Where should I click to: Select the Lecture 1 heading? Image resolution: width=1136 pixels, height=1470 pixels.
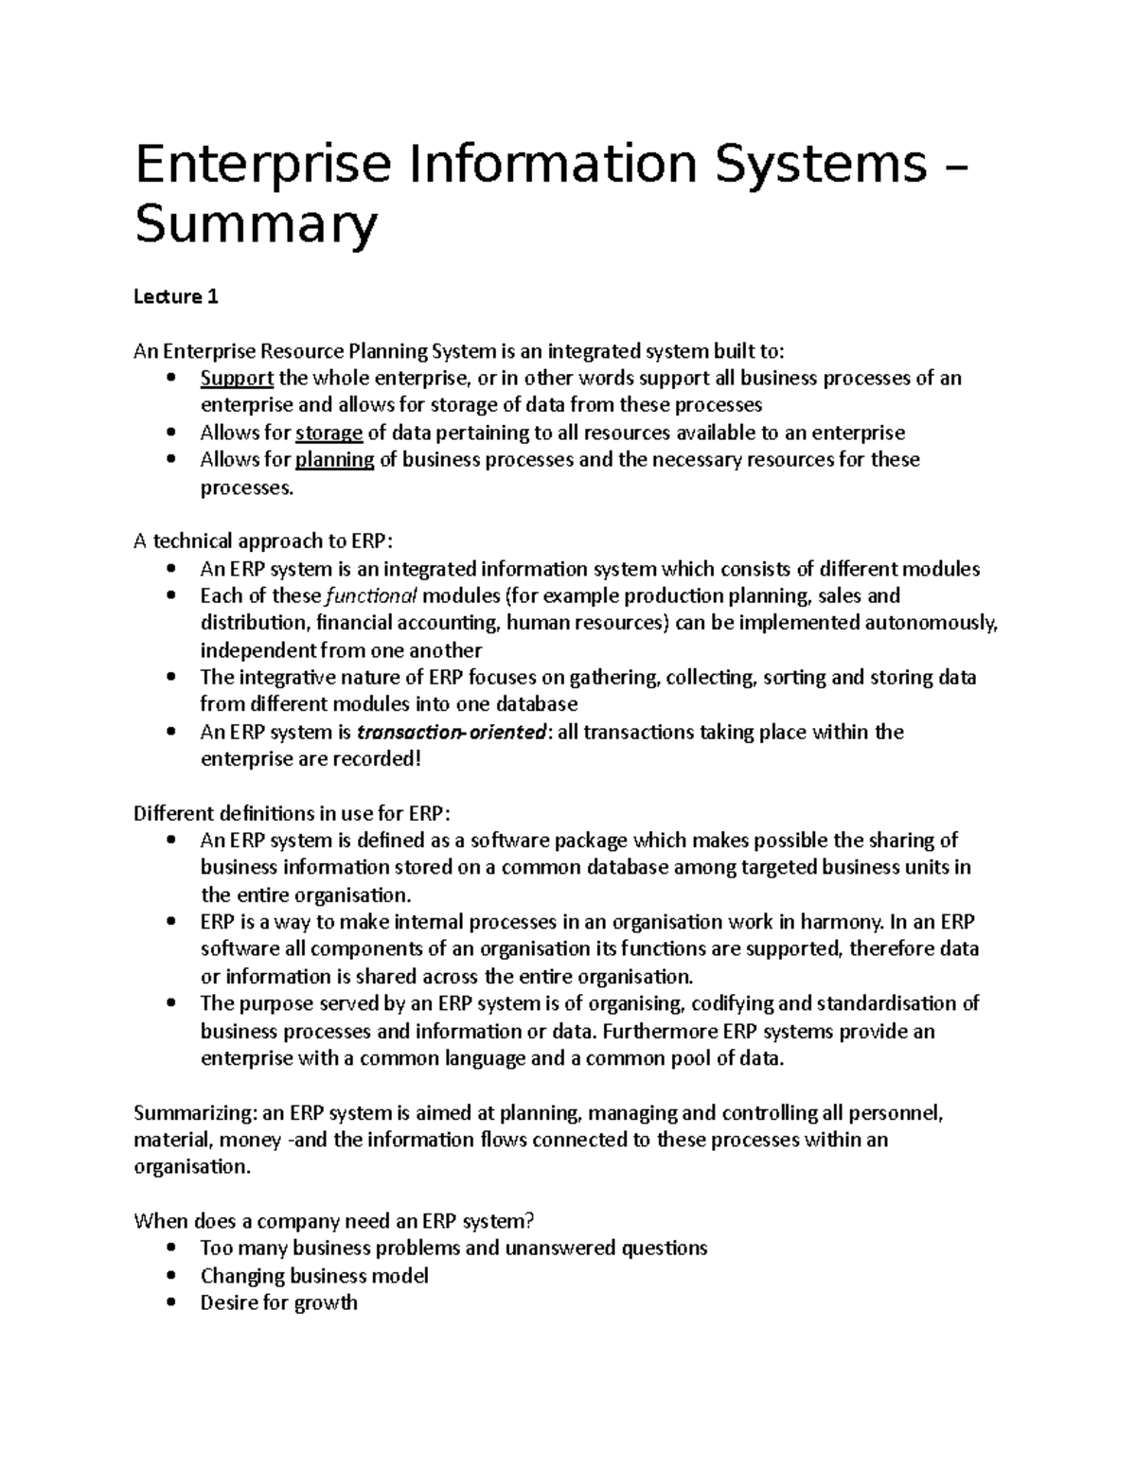click(175, 297)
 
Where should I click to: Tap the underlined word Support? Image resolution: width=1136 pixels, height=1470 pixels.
click(237, 379)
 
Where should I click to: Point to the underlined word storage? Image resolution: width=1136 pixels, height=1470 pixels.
click(328, 434)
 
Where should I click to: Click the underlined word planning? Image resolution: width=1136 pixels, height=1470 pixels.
click(335, 460)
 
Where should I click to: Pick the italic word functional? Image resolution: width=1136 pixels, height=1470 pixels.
click(370, 596)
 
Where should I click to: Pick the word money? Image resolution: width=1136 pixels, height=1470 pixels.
click(254, 1140)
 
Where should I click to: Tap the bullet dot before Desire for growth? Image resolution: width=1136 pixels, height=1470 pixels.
click(169, 1303)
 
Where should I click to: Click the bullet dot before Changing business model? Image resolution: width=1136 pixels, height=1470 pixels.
click(169, 1276)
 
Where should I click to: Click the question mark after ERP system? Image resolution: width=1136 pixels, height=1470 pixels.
click(542, 1221)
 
